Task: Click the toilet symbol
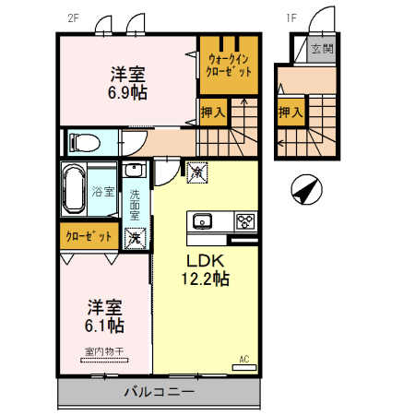(85, 143)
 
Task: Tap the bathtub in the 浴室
(74, 189)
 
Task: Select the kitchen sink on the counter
(202, 221)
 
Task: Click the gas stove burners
(245, 221)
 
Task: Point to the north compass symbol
(306, 190)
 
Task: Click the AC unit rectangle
(244, 367)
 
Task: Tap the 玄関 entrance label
(322, 49)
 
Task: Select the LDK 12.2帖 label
(206, 270)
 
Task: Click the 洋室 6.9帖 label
(127, 83)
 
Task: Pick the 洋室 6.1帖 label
(104, 316)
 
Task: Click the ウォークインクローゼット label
(229, 65)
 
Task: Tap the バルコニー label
(160, 392)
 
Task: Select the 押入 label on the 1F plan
(290, 112)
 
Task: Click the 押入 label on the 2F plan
(213, 113)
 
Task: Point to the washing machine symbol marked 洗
(135, 238)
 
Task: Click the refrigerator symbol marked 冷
(197, 172)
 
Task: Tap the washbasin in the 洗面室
(134, 170)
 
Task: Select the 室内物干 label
(104, 351)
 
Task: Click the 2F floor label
(74, 18)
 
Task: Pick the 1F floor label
(291, 18)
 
